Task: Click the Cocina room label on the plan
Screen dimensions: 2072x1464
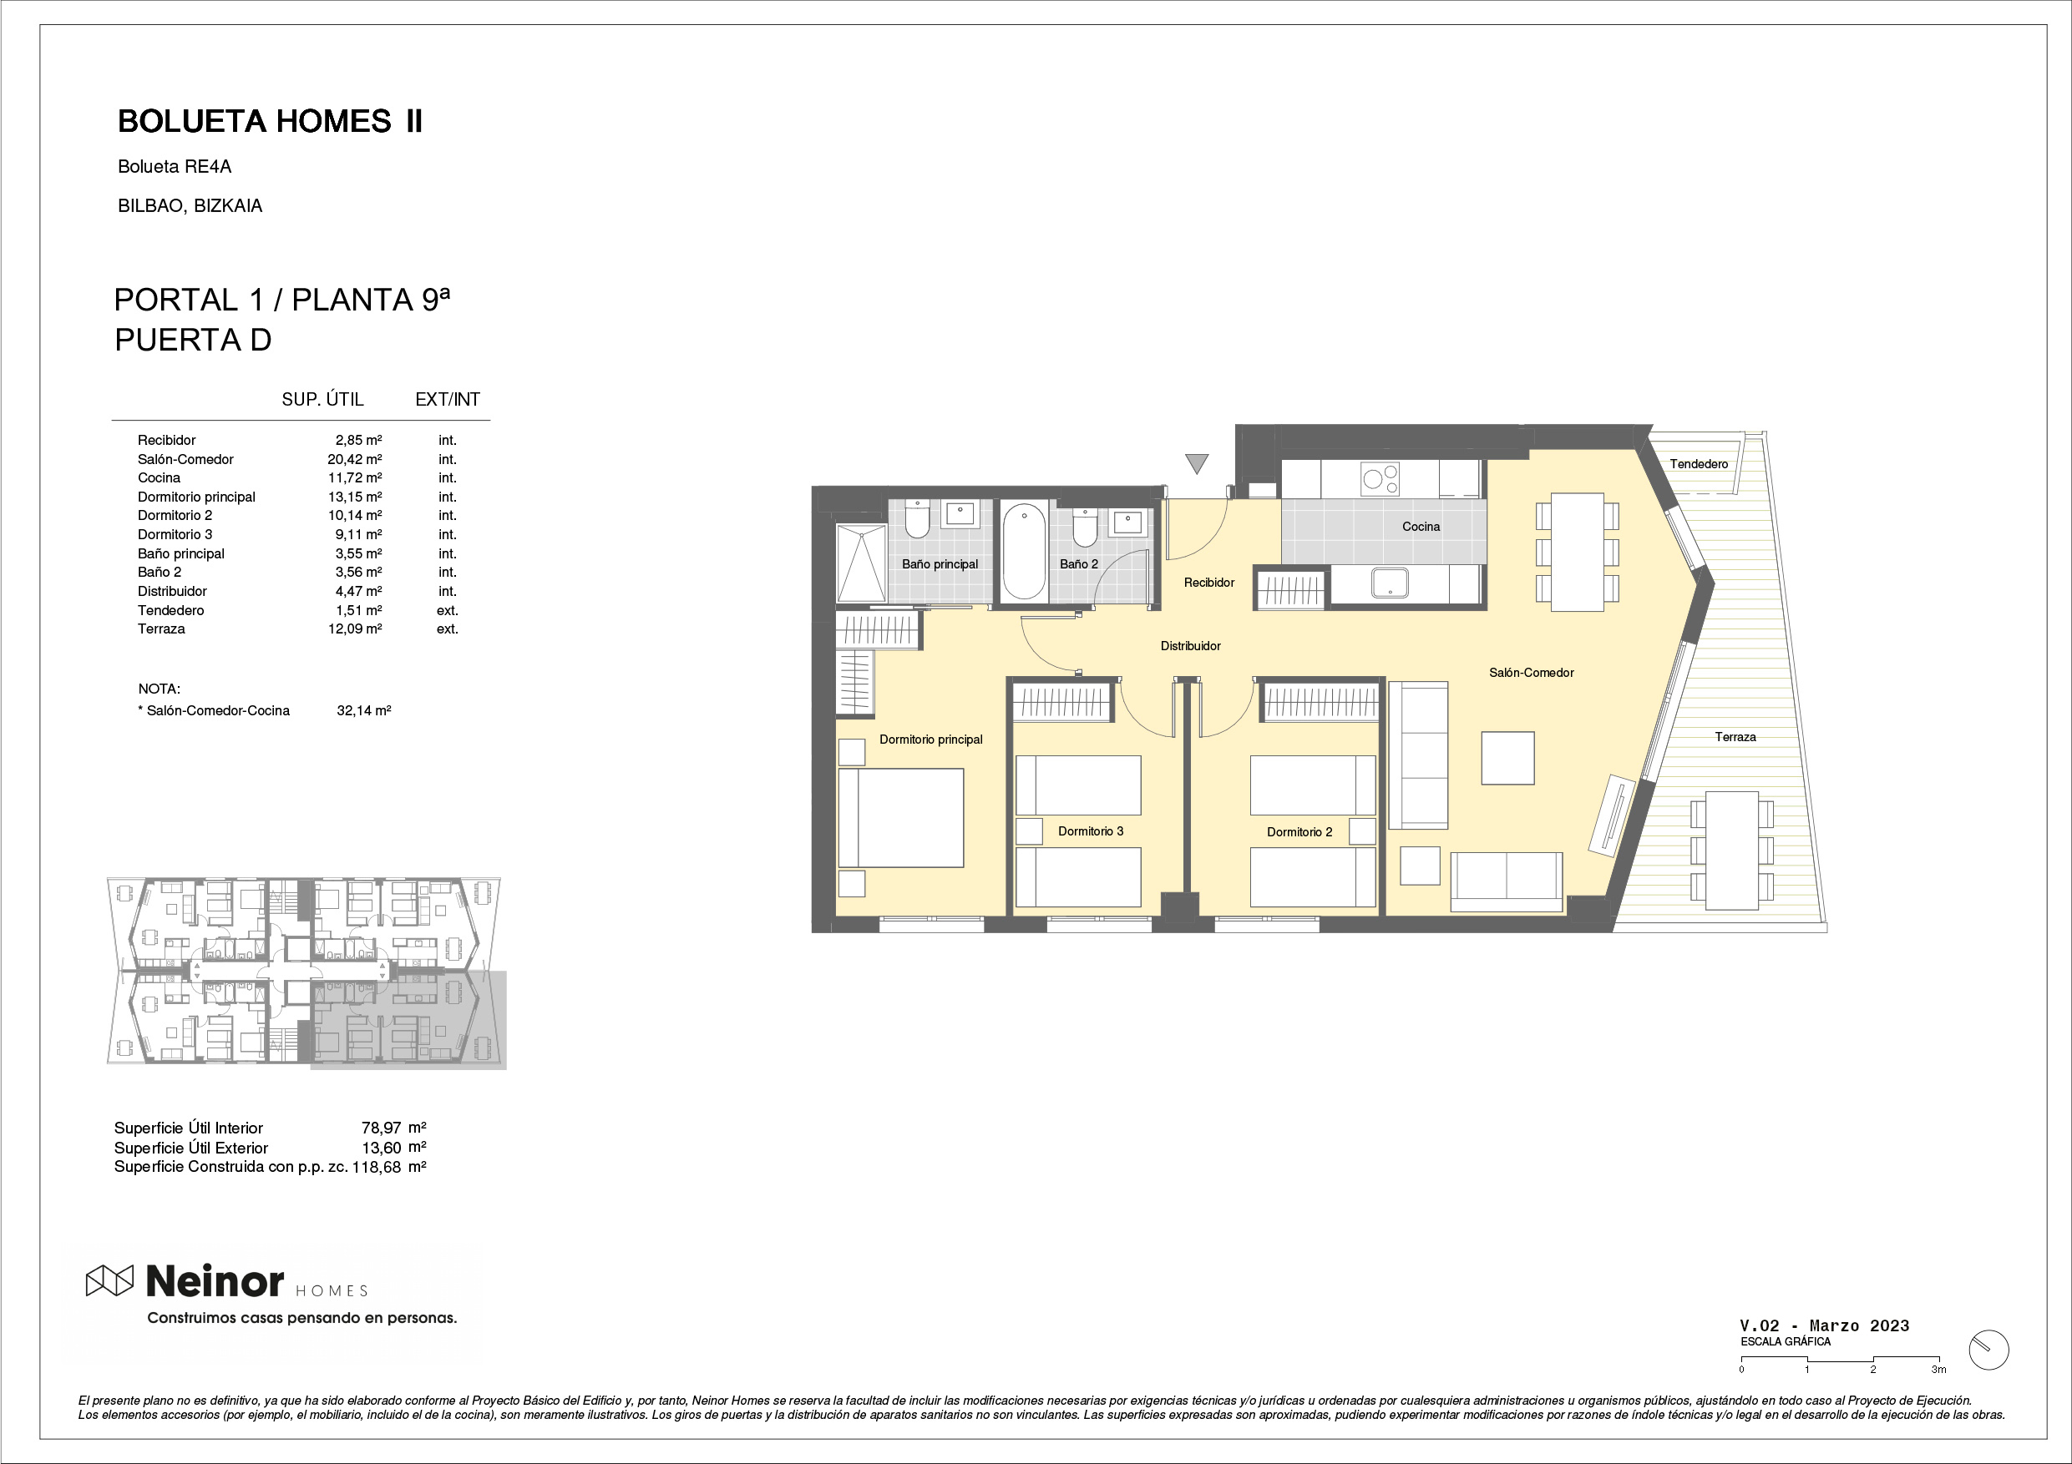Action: [x=1421, y=527]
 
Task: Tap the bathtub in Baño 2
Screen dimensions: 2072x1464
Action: [x=1024, y=551]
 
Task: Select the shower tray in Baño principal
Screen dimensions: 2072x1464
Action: [x=861, y=563]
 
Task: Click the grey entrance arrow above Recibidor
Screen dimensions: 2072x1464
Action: [x=1197, y=463]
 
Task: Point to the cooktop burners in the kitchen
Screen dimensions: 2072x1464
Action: [x=1380, y=478]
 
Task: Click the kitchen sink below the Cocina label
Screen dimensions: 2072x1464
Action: [x=1390, y=583]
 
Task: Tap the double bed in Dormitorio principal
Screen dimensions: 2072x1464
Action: [x=900, y=817]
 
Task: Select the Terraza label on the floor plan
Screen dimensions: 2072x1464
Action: [x=1735, y=737]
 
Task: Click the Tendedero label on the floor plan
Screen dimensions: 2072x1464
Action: [x=1699, y=463]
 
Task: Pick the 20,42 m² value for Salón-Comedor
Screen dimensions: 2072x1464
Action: [x=355, y=459]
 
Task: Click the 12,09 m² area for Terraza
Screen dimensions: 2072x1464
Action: [x=355, y=629]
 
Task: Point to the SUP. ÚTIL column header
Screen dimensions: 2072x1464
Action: [x=322, y=399]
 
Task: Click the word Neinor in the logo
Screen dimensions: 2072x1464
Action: [x=215, y=1280]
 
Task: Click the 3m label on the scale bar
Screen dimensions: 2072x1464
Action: [x=1938, y=1370]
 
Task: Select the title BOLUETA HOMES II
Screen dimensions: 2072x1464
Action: [x=270, y=121]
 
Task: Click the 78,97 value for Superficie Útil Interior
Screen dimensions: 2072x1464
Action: [x=381, y=1128]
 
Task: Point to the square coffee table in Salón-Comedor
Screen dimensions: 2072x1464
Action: [x=1508, y=758]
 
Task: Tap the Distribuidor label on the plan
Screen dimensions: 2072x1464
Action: [x=1190, y=646]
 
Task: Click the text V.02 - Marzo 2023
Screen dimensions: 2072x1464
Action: [x=1825, y=1325]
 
